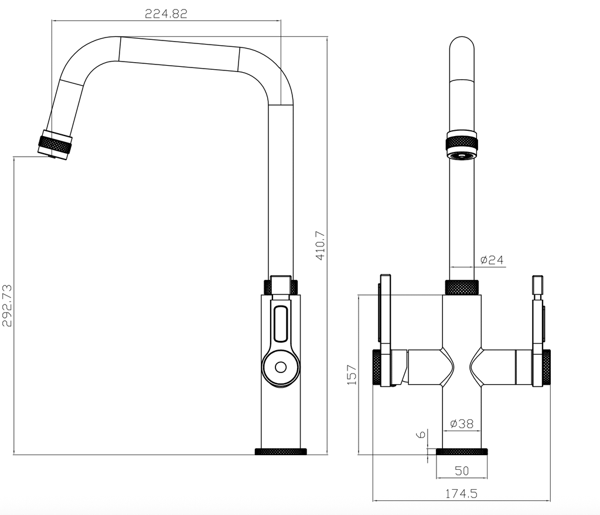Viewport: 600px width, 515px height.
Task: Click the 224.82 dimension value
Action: (166, 15)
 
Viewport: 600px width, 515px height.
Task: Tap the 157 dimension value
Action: (352, 374)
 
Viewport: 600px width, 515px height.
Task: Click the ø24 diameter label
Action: (491, 260)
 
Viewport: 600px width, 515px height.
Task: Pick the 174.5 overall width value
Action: (461, 494)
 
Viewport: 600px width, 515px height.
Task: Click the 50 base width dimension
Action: (462, 471)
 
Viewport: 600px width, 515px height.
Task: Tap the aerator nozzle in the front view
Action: (462, 155)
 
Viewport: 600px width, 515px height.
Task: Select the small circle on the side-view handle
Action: (281, 367)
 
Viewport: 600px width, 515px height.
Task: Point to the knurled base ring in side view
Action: (281, 452)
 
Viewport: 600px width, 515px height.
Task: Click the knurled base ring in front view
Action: (462, 452)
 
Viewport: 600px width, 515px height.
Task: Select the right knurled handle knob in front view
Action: (546, 367)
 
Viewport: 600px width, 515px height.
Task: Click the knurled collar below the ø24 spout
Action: (462, 287)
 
